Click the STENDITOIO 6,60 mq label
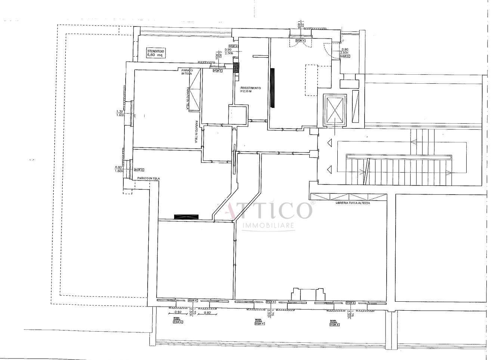[x=155, y=53]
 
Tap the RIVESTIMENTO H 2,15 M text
[x=251, y=90]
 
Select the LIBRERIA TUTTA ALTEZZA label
[x=348, y=204]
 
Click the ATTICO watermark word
[x=268, y=210]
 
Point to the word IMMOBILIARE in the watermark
[x=269, y=226]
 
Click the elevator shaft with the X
[x=334, y=109]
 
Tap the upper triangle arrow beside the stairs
[x=329, y=142]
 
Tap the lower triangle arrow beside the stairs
[x=329, y=170]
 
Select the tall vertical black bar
[x=273, y=88]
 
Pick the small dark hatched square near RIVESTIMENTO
[x=236, y=68]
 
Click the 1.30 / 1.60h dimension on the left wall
[x=120, y=114]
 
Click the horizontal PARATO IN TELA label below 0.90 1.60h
[x=148, y=179]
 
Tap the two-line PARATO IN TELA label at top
[x=187, y=72]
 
